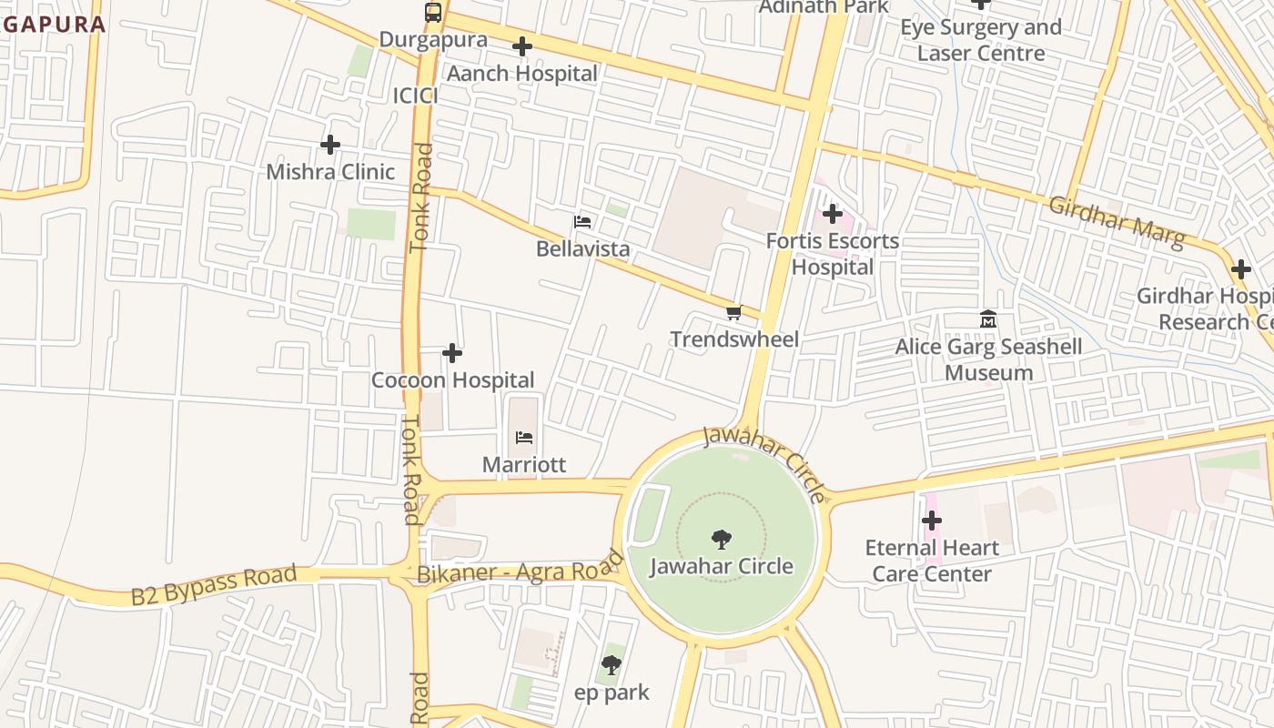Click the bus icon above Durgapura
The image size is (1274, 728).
(433, 13)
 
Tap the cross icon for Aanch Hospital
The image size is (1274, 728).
(522, 46)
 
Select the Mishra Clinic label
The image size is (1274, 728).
(330, 171)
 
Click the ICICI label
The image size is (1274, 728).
(416, 96)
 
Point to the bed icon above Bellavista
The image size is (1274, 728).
(582, 222)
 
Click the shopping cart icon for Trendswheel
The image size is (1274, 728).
(733, 313)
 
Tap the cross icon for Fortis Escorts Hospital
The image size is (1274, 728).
(832, 214)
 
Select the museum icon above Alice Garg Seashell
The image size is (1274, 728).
(988, 319)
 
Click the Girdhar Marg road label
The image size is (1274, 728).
(1117, 222)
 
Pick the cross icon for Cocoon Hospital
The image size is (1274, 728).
(452, 353)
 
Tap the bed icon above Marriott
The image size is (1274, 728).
(524, 438)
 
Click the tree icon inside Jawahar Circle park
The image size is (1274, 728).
(721, 540)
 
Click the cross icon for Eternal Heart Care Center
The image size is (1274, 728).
(932, 521)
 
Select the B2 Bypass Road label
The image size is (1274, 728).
(214, 585)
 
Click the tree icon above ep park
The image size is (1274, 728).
(612, 665)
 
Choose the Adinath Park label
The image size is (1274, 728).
(824, 6)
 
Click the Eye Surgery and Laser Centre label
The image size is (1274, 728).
(981, 40)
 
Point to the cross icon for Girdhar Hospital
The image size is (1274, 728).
(1240, 269)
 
